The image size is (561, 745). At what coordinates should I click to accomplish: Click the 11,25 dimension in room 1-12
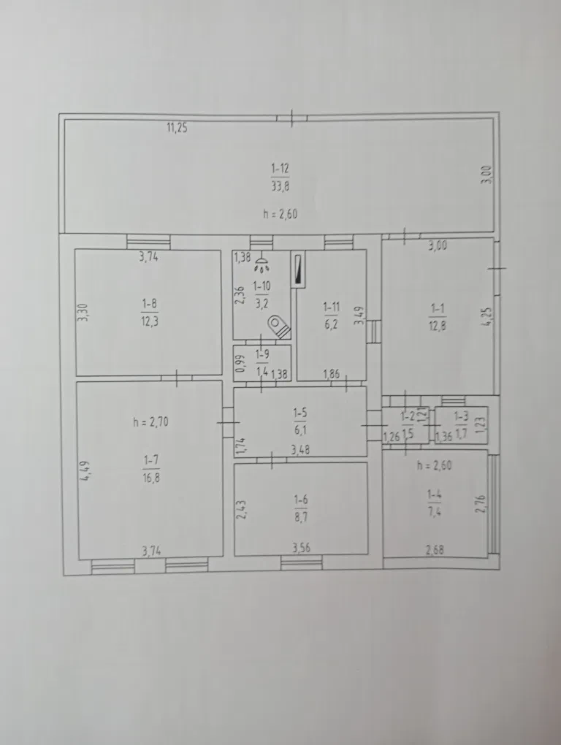177,128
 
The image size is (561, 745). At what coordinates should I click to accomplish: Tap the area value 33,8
280,186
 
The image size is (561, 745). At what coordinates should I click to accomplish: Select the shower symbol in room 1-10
262,264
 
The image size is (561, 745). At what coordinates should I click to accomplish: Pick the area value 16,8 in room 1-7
150,477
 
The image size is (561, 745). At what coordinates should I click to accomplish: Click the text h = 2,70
150,421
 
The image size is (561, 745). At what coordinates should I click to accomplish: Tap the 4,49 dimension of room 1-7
85,470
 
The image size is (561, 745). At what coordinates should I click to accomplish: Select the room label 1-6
301,500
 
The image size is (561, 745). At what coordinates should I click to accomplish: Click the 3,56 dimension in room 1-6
301,548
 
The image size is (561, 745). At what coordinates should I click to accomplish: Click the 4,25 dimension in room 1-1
486,316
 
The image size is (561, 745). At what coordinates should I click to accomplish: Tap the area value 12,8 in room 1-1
437,326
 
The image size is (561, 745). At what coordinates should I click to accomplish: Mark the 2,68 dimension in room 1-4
435,550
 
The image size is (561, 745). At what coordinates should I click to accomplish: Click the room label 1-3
461,416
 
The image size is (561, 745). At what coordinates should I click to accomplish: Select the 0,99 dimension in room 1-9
241,364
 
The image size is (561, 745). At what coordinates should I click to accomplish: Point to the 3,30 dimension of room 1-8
83,312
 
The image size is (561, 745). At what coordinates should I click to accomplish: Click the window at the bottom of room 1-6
301,562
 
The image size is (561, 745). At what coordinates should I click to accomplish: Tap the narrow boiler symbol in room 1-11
298,269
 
